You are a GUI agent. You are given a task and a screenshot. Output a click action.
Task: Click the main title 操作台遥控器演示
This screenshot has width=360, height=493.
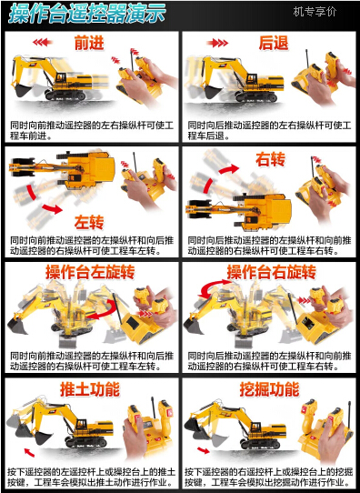point(86,14)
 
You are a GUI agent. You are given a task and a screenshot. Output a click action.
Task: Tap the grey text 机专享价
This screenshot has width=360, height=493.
point(315,12)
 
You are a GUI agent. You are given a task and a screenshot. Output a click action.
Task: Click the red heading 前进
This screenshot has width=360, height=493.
point(89,43)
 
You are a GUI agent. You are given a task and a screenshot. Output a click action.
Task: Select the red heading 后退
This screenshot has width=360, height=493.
point(274,43)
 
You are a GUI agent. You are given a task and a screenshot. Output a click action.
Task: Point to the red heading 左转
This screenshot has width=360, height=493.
point(89,222)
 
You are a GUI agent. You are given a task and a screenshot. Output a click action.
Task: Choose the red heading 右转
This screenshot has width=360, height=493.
point(270,159)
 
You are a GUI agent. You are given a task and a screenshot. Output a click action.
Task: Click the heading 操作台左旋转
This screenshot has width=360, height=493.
point(90,272)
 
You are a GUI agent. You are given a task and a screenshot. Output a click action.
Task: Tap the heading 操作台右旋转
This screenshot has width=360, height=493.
point(272,272)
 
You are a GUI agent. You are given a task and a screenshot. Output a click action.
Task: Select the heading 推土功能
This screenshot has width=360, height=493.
point(90,389)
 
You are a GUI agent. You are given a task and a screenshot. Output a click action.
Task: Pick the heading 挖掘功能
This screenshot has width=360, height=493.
point(269,389)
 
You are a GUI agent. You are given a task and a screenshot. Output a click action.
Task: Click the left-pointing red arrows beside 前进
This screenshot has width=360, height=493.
point(43,42)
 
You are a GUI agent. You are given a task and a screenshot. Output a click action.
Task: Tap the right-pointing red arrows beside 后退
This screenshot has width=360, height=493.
point(217,43)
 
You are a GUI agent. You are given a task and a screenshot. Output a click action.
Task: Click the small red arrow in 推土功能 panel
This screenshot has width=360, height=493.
point(29,452)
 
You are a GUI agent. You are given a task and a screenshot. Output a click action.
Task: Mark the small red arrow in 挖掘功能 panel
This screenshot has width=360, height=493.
point(204,451)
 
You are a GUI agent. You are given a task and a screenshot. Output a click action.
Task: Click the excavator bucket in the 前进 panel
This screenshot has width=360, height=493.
point(22,91)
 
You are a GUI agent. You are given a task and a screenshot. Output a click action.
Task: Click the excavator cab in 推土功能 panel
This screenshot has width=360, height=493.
point(81,425)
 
